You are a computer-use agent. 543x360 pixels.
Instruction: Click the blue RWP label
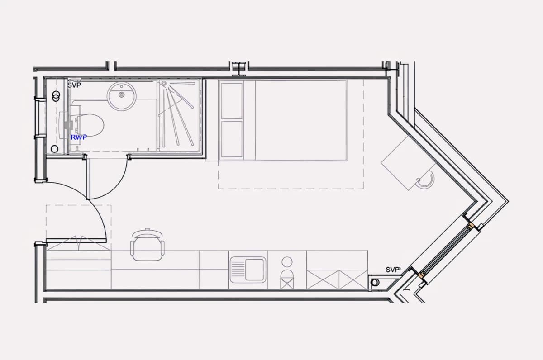pyautogui.click(x=79, y=137)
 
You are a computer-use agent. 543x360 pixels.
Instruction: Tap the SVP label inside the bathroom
pyautogui.click(x=74, y=85)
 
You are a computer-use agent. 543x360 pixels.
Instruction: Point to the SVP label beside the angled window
pyautogui.click(x=393, y=270)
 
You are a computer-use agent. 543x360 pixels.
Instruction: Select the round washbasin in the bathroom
pyautogui.click(x=122, y=97)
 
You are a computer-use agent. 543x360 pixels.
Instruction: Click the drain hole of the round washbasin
pyautogui.click(x=122, y=95)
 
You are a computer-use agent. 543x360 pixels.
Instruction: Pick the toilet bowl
pyautogui.click(x=90, y=126)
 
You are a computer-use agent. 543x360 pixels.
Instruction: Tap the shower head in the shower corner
pyautogui.click(x=164, y=84)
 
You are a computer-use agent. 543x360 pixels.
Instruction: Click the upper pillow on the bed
pyautogui.click(x=232, y=101)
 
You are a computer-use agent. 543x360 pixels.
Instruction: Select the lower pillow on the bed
pyautogui.click(x=232, y=139)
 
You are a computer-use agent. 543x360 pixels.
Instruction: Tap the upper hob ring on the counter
pyautogui.click(x=287, y=262)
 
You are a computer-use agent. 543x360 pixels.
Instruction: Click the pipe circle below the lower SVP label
pyautogui.click(x=375, y=282)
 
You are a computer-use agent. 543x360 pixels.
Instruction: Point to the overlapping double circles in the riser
pyautogui.click(x=56, y=96)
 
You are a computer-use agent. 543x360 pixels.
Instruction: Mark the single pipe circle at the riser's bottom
pyautogui.click(x=55, y=149)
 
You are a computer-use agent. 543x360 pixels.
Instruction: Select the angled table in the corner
pyautogui.click(x=409, y=163)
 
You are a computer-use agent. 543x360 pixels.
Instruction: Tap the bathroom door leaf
pyautogui.click(x=88, y=179)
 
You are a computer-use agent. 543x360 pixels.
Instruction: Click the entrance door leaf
pyautogui.click(x=76, y=241)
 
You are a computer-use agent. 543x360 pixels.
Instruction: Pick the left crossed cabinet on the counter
pyautogui.click(x=323, y=280)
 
